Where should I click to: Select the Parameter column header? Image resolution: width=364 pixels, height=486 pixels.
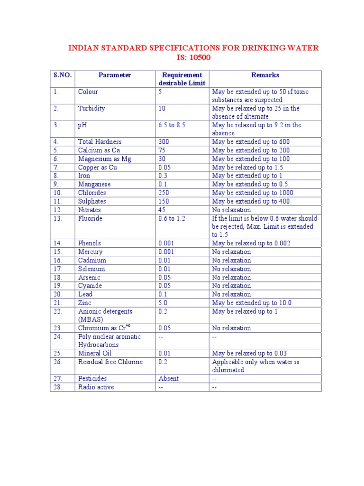[115, 75]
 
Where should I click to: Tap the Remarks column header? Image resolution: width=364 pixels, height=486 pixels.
[265, 75]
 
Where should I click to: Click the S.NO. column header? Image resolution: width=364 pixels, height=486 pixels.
[63, 75]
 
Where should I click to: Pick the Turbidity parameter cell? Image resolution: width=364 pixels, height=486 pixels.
[91, 108]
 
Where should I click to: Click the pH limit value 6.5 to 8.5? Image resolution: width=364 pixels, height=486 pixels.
[172, 125]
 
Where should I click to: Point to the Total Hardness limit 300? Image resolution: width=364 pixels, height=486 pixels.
[164, 142]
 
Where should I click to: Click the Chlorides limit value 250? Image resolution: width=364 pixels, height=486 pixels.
[164, 193]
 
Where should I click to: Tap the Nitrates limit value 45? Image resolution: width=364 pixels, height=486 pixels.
[162, 210]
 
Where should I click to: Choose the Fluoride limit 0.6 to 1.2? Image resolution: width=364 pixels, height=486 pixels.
[172, 218]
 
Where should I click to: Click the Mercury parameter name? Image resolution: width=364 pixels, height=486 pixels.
[90, 252]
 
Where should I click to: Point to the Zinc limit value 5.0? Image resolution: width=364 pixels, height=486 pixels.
[163, 303]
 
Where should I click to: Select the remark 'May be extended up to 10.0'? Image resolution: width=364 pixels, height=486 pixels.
[252, 303]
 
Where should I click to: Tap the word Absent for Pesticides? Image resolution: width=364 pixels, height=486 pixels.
[169, 379]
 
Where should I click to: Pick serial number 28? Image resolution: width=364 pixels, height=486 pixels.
[57, 387]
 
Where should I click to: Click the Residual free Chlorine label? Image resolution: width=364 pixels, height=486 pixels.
[110, 362]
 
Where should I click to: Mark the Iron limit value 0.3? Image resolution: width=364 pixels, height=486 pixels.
[163, 176]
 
